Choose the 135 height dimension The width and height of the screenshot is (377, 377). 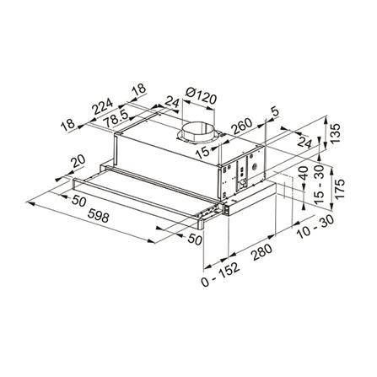(334, 135)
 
